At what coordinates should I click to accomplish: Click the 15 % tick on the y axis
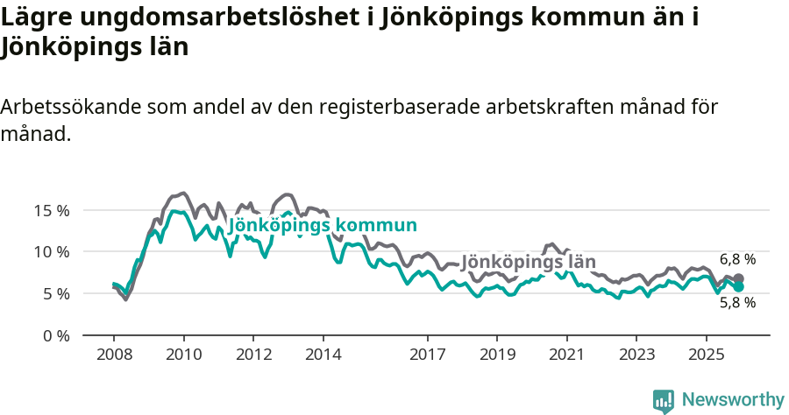click(x=52, y=210)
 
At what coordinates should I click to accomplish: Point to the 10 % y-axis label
click(x=52, y=252)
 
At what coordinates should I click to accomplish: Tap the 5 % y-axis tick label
click(x=56, y=294)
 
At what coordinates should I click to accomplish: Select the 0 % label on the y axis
click(x=56, y=335)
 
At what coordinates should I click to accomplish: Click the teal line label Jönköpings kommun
click(x=322, y=226)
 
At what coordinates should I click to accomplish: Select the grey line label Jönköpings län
click(x=528, y=262)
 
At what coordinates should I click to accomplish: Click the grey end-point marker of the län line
click(x=738, y=278)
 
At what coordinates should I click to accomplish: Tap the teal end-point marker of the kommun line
click(x=738, y=286)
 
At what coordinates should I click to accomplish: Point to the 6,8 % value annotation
click(x=737, y=259)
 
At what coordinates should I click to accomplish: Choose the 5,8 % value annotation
click(x=737, y=303)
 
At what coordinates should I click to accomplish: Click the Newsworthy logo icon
click(x=663, y=400)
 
